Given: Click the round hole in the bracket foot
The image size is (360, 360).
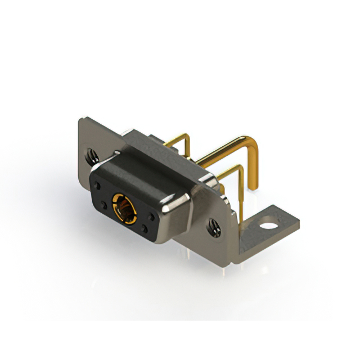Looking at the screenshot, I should click(x=270, y=227).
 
